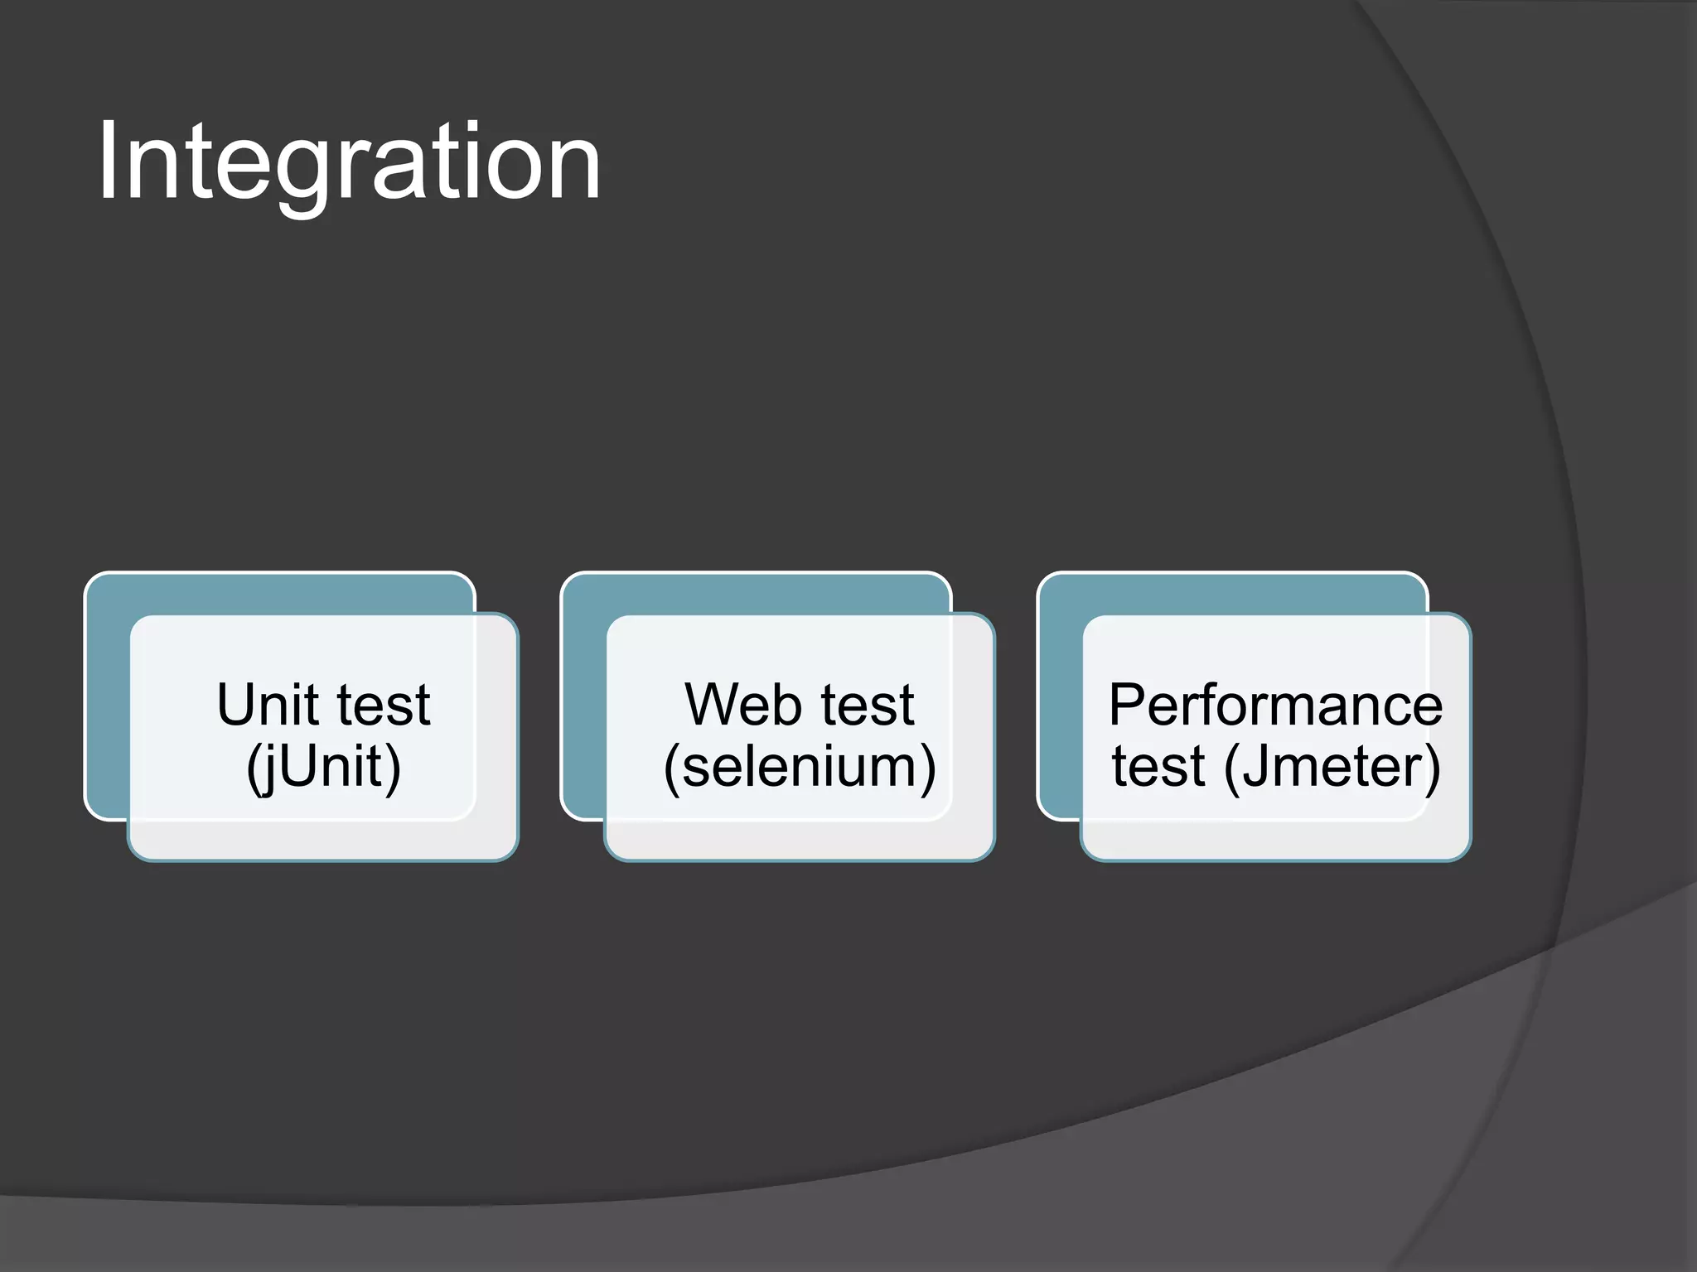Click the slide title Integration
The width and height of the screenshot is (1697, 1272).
[348, 161]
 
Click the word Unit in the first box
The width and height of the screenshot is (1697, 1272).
[267, 706]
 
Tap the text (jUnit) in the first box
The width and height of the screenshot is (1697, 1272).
[324, 767]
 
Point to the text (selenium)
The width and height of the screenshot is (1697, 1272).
[800, 767]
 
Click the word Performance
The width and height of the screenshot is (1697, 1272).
[1275, 706]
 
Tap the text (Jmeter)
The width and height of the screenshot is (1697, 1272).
[1332, 767]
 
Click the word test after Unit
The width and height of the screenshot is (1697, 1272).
[383, 706]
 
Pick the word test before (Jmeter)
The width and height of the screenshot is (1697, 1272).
[1158, 767]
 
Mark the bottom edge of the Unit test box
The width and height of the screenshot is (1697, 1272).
[323, 860]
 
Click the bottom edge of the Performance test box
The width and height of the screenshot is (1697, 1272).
[1276, 860]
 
